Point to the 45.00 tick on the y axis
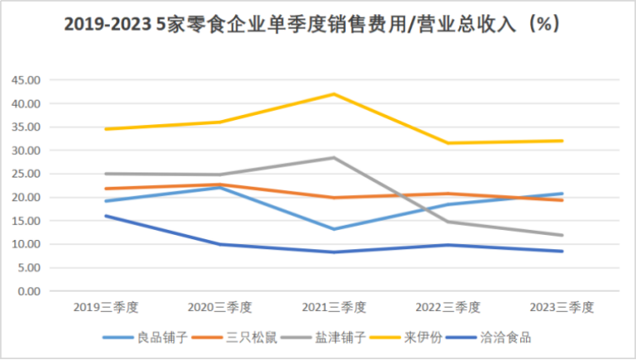click(26, 81)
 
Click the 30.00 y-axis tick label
click(26, 151)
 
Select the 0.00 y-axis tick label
click(28, 292)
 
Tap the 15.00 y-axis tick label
click(26, 222)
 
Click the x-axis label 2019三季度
click(107, 307)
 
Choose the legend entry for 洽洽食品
click(502, 337)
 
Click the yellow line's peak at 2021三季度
click(334, 94)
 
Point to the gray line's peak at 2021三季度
click(334, 157)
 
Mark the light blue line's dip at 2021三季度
click(334, 229)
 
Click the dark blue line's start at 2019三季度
click(106, 216)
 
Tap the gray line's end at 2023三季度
click(563, 235)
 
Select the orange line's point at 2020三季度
click(220, 185)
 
